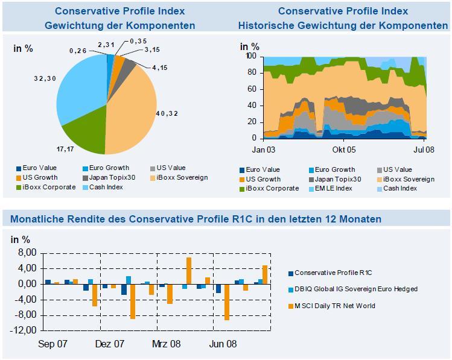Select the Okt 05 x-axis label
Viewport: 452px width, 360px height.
pos(343,150)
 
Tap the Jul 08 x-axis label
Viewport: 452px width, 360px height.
pos(424,150)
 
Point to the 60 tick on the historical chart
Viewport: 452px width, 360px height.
pos(252,89)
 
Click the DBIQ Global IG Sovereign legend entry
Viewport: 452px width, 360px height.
pos(356,289)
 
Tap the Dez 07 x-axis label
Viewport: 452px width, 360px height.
pos(109,344)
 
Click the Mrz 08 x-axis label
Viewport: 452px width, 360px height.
pos(165,344)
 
